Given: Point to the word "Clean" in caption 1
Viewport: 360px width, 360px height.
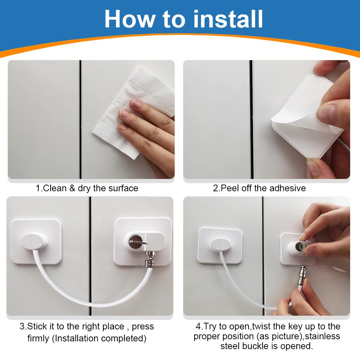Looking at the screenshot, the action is tap(54, 188).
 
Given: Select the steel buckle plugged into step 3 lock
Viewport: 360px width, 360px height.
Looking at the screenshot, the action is tap(149, 259).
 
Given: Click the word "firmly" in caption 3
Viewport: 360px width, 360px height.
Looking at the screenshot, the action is tap(38, 339).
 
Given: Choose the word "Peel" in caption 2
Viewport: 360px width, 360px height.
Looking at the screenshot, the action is tap(230, 188).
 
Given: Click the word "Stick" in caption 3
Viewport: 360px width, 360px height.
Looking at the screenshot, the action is tap(37, 326).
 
